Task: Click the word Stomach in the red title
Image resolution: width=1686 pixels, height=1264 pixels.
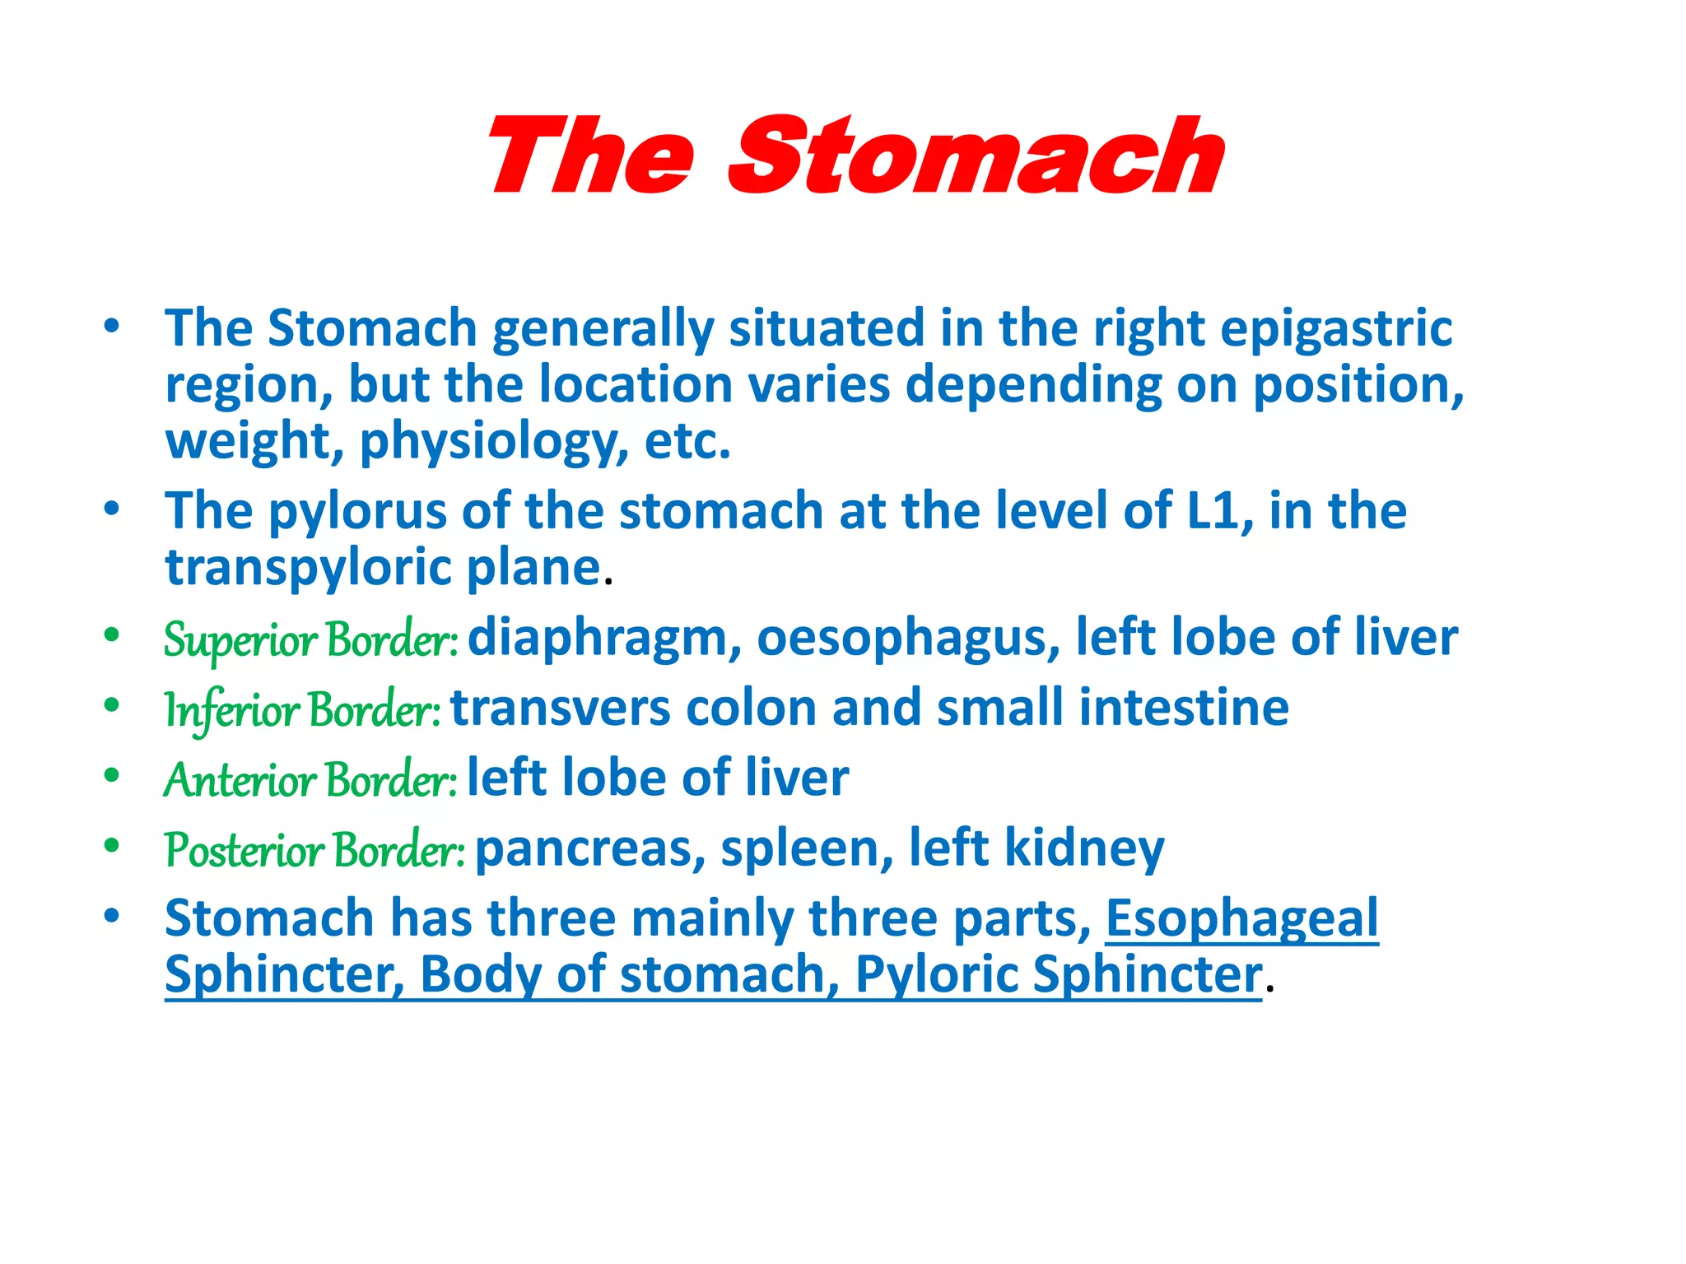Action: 976,156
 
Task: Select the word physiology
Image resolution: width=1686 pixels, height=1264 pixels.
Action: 488,442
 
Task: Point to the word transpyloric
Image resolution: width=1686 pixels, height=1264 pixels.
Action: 309,569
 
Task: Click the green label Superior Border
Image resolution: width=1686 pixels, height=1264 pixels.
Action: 310,639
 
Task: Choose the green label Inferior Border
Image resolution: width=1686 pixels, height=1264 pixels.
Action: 302,709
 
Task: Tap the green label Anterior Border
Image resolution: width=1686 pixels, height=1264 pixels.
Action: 310,779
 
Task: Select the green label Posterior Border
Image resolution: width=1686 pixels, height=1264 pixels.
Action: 314,849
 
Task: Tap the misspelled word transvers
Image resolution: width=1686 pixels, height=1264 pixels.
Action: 560,709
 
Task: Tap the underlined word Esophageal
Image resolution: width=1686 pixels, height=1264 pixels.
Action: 1241,918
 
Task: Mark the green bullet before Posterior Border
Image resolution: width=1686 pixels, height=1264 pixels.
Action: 112,845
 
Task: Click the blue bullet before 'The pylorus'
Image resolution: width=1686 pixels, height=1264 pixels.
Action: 112,509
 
